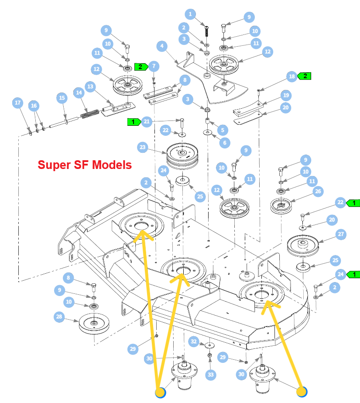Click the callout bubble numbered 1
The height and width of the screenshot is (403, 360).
pyautogui.click(x=190, y=14)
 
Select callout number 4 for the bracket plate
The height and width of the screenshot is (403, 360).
pyautogui.click(x=162, y=46)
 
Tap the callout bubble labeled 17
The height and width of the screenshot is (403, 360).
pyautogui.click(x=18, y=103)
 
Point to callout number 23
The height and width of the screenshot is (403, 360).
pyautogui.click(x=143, y=148)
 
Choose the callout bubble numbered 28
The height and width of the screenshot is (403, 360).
pyautogui.click(x=59, y=317)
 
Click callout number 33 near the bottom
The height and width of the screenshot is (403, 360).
pyautogui.click(x=211, y=375)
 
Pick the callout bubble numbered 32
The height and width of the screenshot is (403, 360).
pyautogui.click(x=194, y=341)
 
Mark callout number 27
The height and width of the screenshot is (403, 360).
pyautogui.click(x=341, y=234)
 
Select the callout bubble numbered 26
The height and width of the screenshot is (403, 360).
pyautogui.click(x=318, y=191)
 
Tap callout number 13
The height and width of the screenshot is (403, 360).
pyautogui.click(x=90, y=86)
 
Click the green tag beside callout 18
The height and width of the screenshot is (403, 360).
pyautogui.click(x=304, y=76)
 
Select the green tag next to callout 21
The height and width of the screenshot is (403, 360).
pyautogui.click(x=134, y=122)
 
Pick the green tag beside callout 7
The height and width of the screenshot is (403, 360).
pyautogui.click(x=141, y=67)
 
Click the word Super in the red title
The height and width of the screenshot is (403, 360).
pyautogui.click(x=54, y=165)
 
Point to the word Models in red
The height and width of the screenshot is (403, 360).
pyautogui.click(x=112, y=165)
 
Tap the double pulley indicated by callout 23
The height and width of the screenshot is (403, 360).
pyautogui.click(x=182, y=156)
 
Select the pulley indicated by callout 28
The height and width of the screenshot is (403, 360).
pyautogui.click(x=94, y=324)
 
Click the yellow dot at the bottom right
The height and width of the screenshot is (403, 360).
pyautogui.click(x=302, y=392)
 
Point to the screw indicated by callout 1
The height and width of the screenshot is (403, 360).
pyautogui.click(x=206, y=32)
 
